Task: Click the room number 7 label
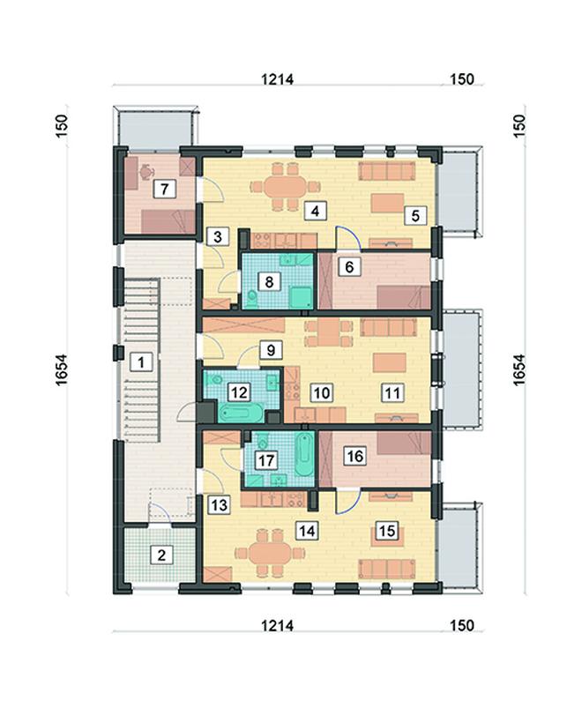point(164,189)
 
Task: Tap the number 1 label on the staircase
point(141,362)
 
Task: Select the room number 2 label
point(161,555)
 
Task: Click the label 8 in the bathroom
point(269,282)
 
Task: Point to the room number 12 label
point(238,392)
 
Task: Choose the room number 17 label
point(266,460)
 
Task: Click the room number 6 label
point(349,267)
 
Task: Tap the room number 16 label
point(354,456)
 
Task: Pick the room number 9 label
point(271,350)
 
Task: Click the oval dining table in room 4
point(286,186)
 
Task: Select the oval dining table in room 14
point(270,553)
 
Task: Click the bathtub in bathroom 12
point(242,412)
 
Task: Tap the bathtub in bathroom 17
point(304,454)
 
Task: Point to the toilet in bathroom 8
point(252,297)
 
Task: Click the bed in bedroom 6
point(403,297)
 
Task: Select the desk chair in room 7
point(146,172)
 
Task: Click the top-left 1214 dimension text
point(277,79)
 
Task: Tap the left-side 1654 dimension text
point(61,369)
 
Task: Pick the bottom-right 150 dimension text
point(462,625)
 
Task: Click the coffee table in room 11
point(389,363)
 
